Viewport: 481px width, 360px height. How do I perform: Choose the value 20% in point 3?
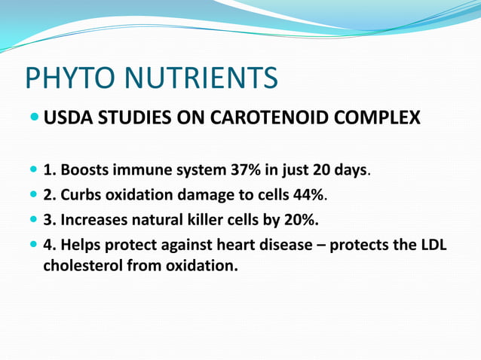pyautogui.click(x=302, y=220)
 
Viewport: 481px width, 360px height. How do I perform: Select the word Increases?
pyautogui.click(x=90, y=220)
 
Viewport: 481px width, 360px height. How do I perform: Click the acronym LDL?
pyautogui.click(x=432, y=245)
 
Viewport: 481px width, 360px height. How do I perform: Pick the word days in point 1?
pyautogui.click(x=350, y=170)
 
